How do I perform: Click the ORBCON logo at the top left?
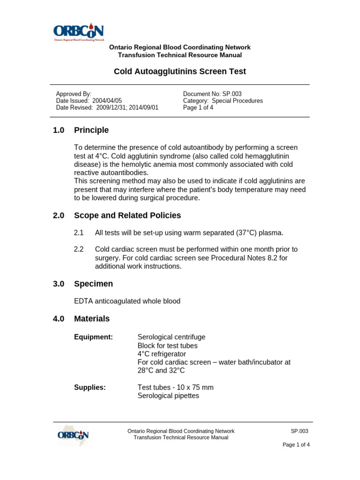pos(78,32)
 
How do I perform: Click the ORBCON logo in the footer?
pos(73,435)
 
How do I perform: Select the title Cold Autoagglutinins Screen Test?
pos(180,72)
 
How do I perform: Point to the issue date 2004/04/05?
pos(107,100)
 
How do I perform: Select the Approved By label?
pos(74,94)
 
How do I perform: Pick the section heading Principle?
pos(91,130)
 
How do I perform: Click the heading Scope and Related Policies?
pos(127,216)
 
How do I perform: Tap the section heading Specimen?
pos(93,284)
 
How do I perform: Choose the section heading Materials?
pos(92,319)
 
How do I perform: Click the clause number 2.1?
pos(79,233)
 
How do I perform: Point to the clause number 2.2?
pos(79,249)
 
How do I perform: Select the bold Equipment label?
pos(94,337)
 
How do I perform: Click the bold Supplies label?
pos(90,387)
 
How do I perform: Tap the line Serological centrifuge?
pos(172,337)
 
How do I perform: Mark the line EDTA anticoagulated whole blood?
pos(127,301)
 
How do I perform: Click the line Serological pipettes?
pos(168,396)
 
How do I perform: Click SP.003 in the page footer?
pos(300,431)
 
